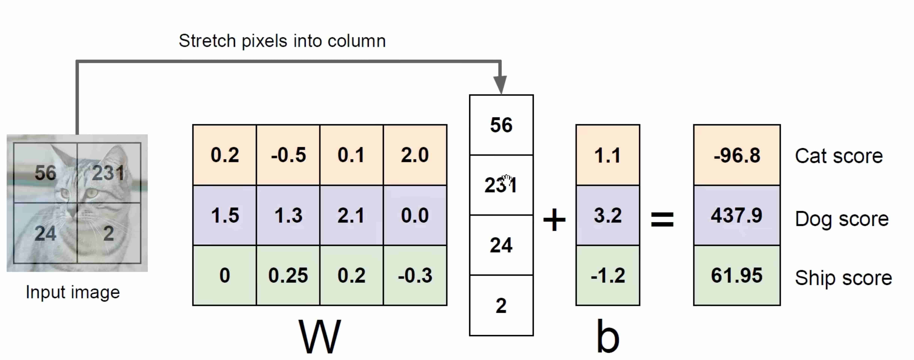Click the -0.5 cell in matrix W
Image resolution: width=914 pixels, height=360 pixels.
coord(288,155)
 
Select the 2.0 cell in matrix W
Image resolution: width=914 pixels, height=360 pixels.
coord(415,155)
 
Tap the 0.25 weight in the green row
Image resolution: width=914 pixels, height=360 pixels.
coord(288,275)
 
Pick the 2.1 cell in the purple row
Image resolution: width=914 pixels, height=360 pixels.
coord(351,215)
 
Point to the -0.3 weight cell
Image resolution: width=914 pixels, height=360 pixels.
coord(415,275)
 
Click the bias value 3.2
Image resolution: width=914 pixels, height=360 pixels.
coord(607,215)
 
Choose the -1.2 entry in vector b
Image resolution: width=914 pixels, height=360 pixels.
coord(607,275)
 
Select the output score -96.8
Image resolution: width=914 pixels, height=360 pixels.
coord(737,155)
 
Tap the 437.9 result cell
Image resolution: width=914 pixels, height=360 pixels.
coord(737,215)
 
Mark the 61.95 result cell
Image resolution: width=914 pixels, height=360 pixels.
coord(737,275)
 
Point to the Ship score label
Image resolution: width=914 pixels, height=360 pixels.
coord(843,278)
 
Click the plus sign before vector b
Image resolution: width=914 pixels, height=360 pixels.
coord(554,220)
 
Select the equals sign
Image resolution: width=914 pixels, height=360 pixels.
coord(662,219)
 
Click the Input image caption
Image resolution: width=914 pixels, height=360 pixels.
coord(73,293)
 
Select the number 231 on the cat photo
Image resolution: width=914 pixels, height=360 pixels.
coord(108,173)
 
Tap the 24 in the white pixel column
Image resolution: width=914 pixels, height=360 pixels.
coord(501,245)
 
